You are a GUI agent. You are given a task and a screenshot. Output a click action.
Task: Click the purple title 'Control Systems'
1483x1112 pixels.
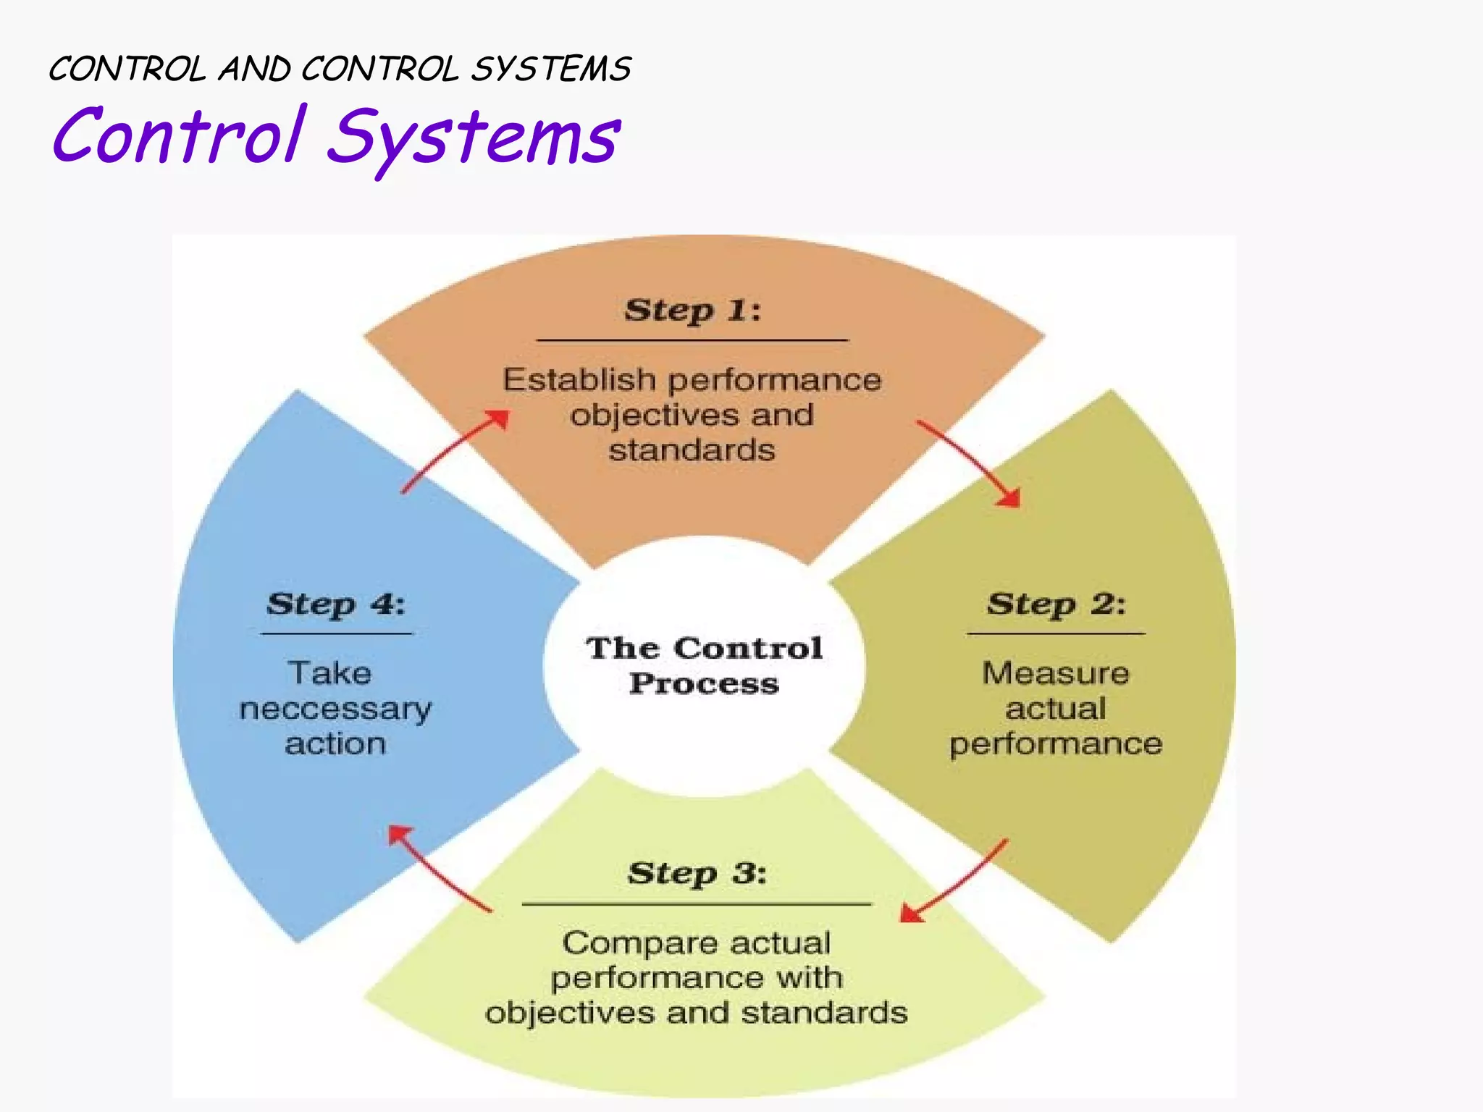tap(337, 136)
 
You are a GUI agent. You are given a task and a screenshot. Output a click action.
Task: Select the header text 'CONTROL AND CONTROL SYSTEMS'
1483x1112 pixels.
tap(340, 69)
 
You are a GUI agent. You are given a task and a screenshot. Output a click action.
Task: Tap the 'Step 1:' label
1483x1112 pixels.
tap(693, 311)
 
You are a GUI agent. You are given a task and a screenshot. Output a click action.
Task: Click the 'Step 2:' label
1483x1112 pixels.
tap(1056, 604)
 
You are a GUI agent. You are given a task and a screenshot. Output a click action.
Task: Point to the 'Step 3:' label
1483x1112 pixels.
tap(697, 873)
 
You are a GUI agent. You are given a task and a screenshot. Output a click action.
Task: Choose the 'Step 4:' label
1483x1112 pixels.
tap(336, 604)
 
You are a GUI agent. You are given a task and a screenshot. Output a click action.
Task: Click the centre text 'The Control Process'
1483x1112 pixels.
tap(704, 665)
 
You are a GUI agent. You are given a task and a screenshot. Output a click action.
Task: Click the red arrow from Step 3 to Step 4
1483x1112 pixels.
tap(439, 868)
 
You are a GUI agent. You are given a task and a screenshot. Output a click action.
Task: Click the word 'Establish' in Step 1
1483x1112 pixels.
tap(579, 380)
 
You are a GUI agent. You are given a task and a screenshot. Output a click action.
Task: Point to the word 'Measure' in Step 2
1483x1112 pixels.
tap(1056, 673)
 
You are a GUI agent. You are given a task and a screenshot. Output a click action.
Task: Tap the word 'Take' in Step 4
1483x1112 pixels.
tap(330, 673)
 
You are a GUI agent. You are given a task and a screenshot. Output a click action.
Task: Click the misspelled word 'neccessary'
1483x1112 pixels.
tap(335, 709)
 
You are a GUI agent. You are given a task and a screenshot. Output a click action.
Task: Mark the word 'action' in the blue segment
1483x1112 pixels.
tap(335, 744)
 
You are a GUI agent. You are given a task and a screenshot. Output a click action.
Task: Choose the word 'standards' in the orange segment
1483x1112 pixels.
tap(692, 450)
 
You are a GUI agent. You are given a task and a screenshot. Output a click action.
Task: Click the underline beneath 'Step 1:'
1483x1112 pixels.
tap(692, 340)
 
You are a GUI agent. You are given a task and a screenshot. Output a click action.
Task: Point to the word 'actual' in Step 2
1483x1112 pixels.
tap(1056, 709)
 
